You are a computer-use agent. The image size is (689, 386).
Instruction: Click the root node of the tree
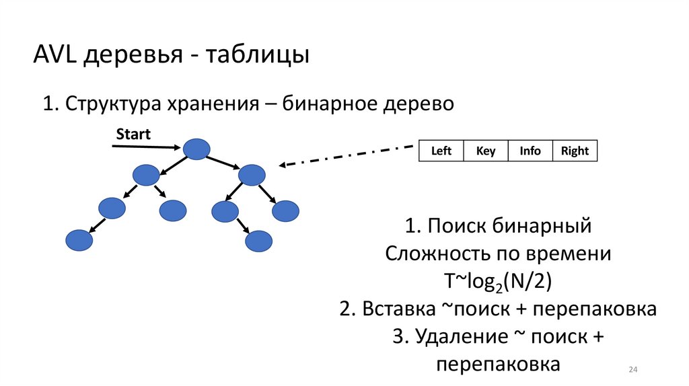tap(196, 149)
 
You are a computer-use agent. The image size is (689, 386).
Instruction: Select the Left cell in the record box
tap(441, 151)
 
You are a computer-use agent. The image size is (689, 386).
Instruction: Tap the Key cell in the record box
tap(486, 151)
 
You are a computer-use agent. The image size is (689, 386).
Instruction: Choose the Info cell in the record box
tap(530, 151)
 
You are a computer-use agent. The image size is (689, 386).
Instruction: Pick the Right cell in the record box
tap(575, 151)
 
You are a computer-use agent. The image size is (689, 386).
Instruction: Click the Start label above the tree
tap(133, 134)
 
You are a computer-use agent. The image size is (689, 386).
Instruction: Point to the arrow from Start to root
tap(145, 146)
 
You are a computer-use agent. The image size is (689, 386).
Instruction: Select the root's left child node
tap(146, 176)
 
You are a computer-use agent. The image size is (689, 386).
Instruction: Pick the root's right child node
tap(252, 176)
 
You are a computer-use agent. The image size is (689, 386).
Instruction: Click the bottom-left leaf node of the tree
tap(79, 240)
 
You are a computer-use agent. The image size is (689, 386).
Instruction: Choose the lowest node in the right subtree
tap(258, 241)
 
